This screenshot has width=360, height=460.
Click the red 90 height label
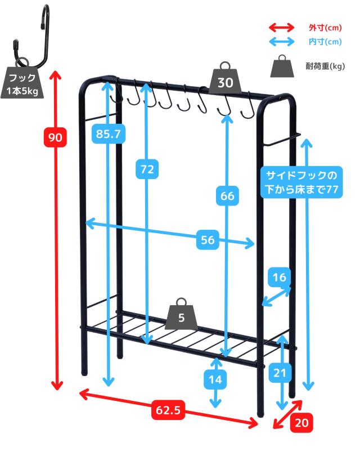[x=57, y=137]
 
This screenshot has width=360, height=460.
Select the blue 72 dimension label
[x=147, y=168]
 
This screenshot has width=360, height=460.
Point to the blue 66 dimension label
[x=227, y=196]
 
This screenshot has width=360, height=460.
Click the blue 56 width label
[x=208, y=240]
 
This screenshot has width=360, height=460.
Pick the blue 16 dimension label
[x=280, y=277]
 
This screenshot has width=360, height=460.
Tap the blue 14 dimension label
[x=215, y=379]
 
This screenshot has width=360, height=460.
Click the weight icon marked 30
[x=225, y=79]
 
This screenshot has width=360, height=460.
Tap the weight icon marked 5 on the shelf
[x=181, y=315]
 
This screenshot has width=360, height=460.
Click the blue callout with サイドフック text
[x=301, y=182]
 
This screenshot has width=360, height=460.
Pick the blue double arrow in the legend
[x=281, y=42]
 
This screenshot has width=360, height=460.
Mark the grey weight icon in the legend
[x=281, y=66]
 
